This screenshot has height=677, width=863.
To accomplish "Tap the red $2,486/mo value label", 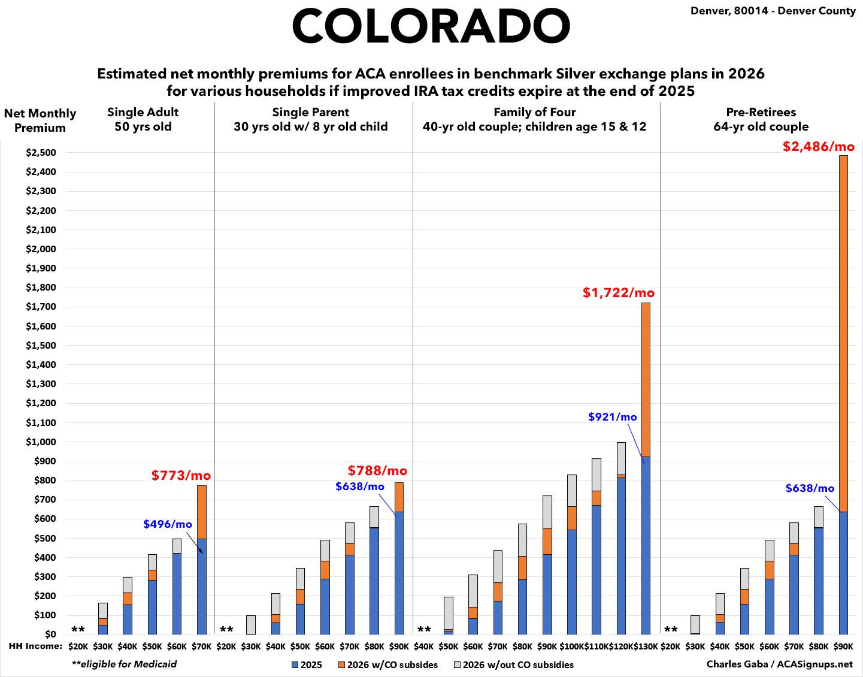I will click(818, 147).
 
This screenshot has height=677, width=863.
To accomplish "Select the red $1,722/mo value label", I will click(619, 293).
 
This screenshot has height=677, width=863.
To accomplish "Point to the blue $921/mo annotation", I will click(612, 417).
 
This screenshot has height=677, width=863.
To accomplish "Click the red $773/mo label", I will click(181, 476).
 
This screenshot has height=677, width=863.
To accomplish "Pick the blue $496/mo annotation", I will click(168, 524).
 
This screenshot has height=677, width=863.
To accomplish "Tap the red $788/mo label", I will click(377, 470).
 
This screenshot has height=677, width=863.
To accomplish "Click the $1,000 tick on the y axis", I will click(41, 442).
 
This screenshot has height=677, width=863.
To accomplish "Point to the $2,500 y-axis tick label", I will click(41, 153).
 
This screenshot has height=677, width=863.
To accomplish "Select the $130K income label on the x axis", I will click(646, 647).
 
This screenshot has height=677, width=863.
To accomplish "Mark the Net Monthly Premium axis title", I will click(40, 120).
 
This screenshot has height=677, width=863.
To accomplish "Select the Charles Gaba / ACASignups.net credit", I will click(779, 664).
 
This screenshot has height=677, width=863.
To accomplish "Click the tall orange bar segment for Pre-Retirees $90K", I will click(843, 333).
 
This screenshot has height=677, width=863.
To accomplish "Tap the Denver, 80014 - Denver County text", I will click(773, 11).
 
